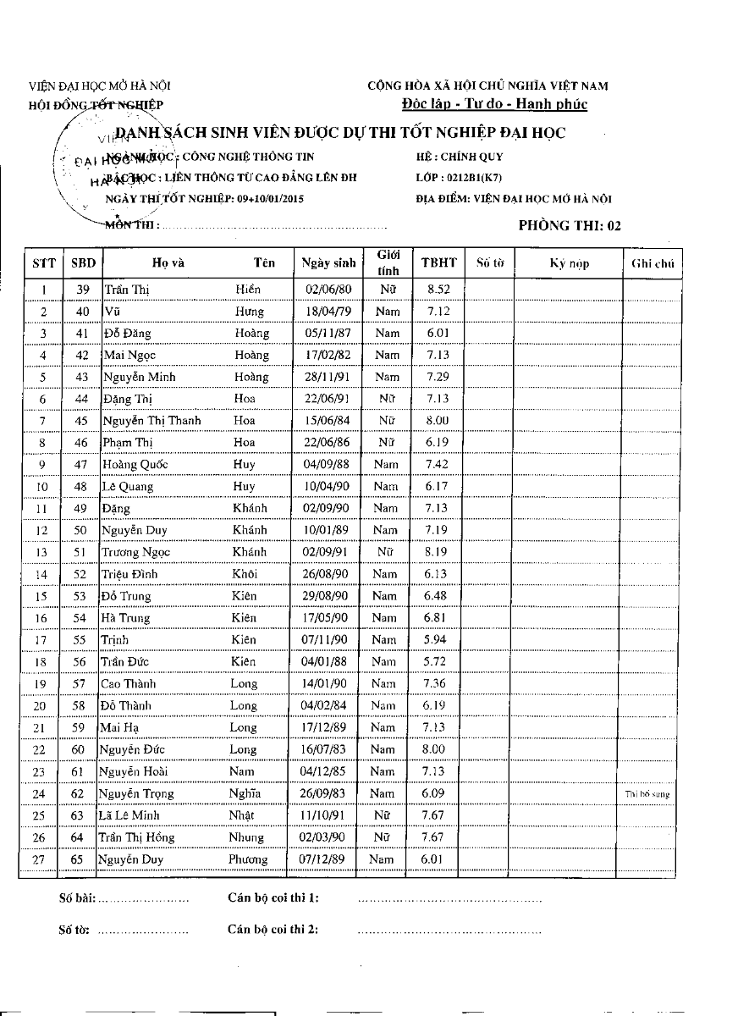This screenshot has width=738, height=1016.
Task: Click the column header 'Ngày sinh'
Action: click(x=328, y=262)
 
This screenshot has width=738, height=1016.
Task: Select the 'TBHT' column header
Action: click(x=438, y=262)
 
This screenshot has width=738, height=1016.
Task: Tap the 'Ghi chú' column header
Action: click(x=652, y=263)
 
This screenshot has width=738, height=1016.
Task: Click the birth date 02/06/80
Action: click(x=327, y=289)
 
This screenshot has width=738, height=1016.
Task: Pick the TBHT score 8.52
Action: click(x=438, y=289)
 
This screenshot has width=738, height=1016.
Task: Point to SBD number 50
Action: click(x=81, y=530)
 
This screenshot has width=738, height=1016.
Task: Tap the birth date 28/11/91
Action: click(x=327, y=377)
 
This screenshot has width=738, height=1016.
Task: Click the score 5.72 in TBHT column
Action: click(x=437, y=661)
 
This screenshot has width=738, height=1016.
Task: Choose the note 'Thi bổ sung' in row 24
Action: click(x=648, y=794)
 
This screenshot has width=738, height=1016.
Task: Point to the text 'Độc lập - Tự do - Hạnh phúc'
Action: click(x=495, y=104)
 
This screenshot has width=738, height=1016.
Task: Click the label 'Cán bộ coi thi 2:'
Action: click(x=273, y=930)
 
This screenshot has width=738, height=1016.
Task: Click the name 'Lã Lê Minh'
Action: click(x=129, y=815)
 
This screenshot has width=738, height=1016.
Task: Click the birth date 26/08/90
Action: click(x=326, y=574)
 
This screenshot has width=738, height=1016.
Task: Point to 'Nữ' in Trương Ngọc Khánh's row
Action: click(x=386, y=552)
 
